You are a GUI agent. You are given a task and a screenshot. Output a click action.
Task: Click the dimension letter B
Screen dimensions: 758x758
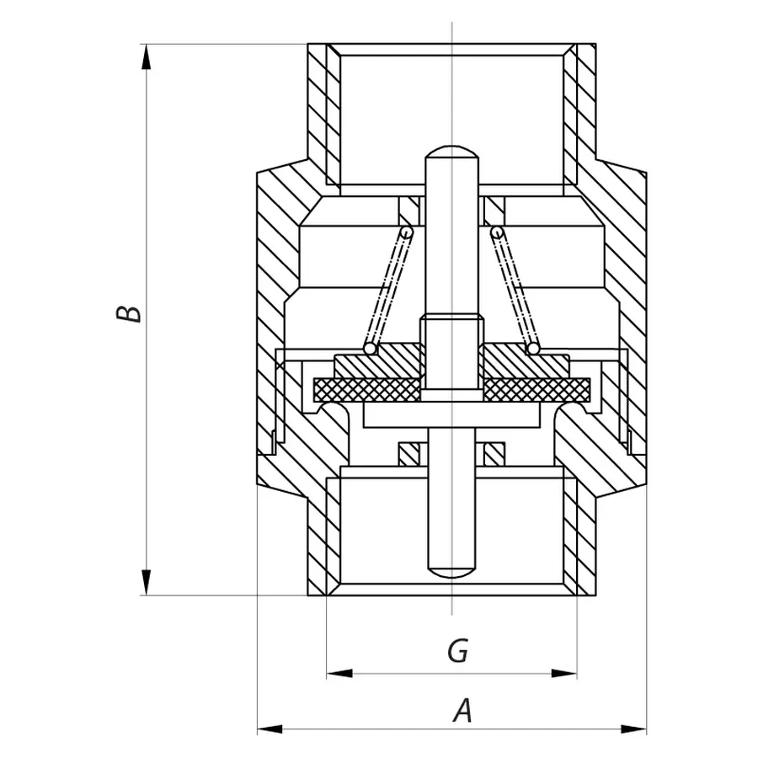[129, 313]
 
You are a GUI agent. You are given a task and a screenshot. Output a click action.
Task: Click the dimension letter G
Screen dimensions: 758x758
[457, 651]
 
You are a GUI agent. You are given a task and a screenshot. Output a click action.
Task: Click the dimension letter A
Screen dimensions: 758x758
[462, 712]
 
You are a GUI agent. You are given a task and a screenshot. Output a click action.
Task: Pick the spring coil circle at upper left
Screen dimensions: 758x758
[406, 232]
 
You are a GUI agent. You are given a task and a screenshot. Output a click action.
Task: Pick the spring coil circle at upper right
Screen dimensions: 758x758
[498, 232]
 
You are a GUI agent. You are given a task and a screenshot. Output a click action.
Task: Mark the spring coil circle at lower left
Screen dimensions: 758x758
[369, 347]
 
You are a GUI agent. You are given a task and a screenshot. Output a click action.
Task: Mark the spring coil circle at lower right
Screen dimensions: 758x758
[533, 347]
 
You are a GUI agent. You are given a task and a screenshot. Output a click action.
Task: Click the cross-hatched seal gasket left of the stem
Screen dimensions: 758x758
[366, 389]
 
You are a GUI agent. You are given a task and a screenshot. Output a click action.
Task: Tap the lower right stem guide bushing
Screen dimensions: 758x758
[494, 454]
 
